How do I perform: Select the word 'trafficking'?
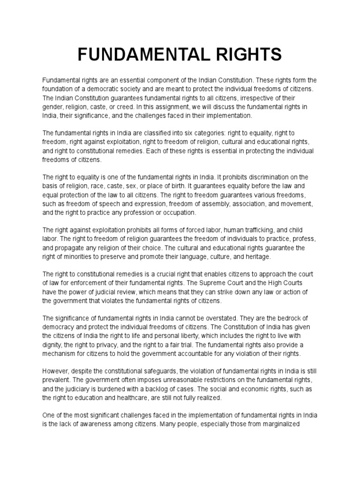click(x=266, y=230)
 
